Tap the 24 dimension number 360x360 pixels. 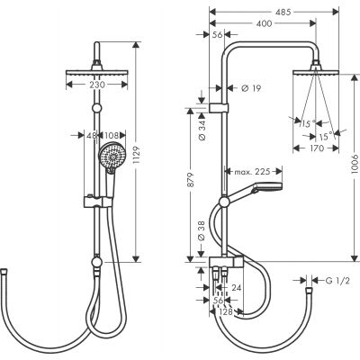point(236,289)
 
